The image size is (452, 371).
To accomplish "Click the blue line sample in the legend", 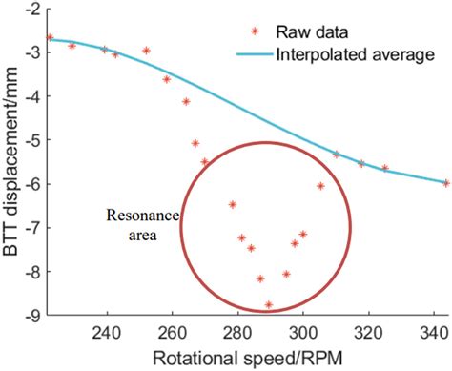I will coord(252,54).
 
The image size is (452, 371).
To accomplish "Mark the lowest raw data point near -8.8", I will coord(269,305).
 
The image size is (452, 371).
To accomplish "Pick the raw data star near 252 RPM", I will coord(146,51).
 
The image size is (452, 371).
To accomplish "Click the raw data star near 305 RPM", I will coord(320,186).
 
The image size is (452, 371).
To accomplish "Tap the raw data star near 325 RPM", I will coord(385,168).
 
